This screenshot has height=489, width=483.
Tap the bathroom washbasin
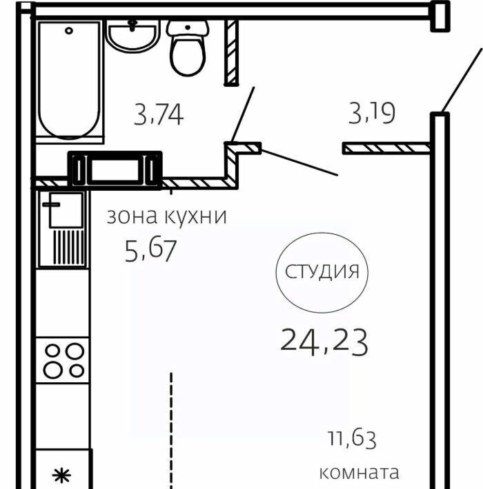tap(132, 36)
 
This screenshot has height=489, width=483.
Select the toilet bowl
tap(188, 48)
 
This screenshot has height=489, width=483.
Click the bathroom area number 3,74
tap(159, 115)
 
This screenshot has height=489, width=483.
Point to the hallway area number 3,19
tap(372, 113)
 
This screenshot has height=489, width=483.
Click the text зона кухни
tap(166, 216)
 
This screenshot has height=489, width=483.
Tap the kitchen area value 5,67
tap(151, 251)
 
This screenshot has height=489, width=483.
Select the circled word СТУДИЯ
tap(322, 271)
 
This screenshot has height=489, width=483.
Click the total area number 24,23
tap(324, 342)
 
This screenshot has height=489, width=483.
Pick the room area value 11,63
tap(352, 439)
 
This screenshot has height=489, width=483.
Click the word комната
tap(359, 472)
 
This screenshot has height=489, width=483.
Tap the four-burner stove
tap(63, 360)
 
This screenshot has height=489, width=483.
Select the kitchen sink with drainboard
tap(63, 229)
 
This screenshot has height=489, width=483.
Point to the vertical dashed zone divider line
tap(171, 430)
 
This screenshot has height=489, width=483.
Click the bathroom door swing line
tap(243, 114)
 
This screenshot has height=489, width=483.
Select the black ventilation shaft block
tap(115, 170)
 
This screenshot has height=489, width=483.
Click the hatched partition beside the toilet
tap(232, 53)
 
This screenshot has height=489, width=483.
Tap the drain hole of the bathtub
tap(69, 30)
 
